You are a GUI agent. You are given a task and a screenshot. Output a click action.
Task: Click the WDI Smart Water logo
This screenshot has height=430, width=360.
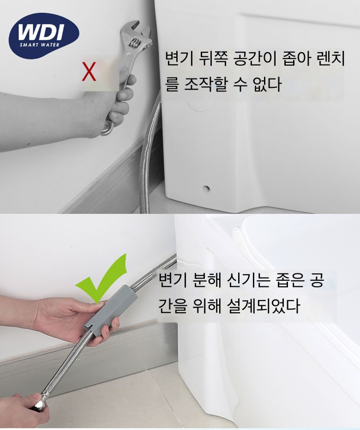click(44, 36)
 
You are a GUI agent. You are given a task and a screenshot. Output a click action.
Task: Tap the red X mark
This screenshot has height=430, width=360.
click(89, 71)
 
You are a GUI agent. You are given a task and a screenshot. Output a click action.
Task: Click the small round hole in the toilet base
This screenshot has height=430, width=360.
click(206, 188)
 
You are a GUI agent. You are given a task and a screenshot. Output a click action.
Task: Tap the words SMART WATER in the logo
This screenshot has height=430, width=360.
click(39, 45)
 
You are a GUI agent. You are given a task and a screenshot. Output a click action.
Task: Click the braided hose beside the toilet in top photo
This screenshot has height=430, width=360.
click(150, 153)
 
